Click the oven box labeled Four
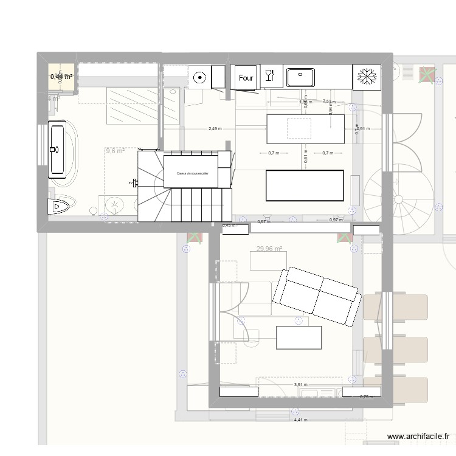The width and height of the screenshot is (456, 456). click(246, 77)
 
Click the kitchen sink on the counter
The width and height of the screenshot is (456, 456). click(300, 77)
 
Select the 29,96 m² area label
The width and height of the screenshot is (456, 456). click(270, 248)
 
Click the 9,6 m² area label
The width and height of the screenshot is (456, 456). click(114, 151)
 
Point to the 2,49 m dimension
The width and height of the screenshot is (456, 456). click(215, 129)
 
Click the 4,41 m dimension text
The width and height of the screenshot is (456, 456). click(300, 420)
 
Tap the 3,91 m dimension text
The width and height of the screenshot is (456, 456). click(300, 384)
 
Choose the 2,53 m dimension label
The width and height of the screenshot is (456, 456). click(327, 102)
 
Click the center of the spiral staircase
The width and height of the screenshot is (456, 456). click(398, 199)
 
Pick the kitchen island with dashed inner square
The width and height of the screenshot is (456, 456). click(305, 129)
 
